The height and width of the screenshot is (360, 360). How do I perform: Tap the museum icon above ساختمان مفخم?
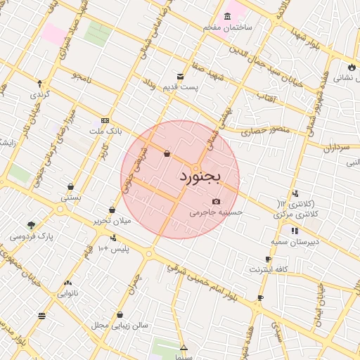tap(227, 16)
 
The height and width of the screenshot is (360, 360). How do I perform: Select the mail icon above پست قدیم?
tap(181, 76)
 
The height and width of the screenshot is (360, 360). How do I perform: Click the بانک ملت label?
tap(106, 131)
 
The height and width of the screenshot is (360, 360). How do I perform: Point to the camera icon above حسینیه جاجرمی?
tap(216, 202)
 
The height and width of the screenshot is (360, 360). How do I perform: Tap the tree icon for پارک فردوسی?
tap(31, 225)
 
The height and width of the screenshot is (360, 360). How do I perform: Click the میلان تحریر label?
tap(113, 220)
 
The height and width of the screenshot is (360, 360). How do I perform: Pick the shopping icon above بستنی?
tap(71, 186)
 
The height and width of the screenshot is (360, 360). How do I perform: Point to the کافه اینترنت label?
tap(269, 269)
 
